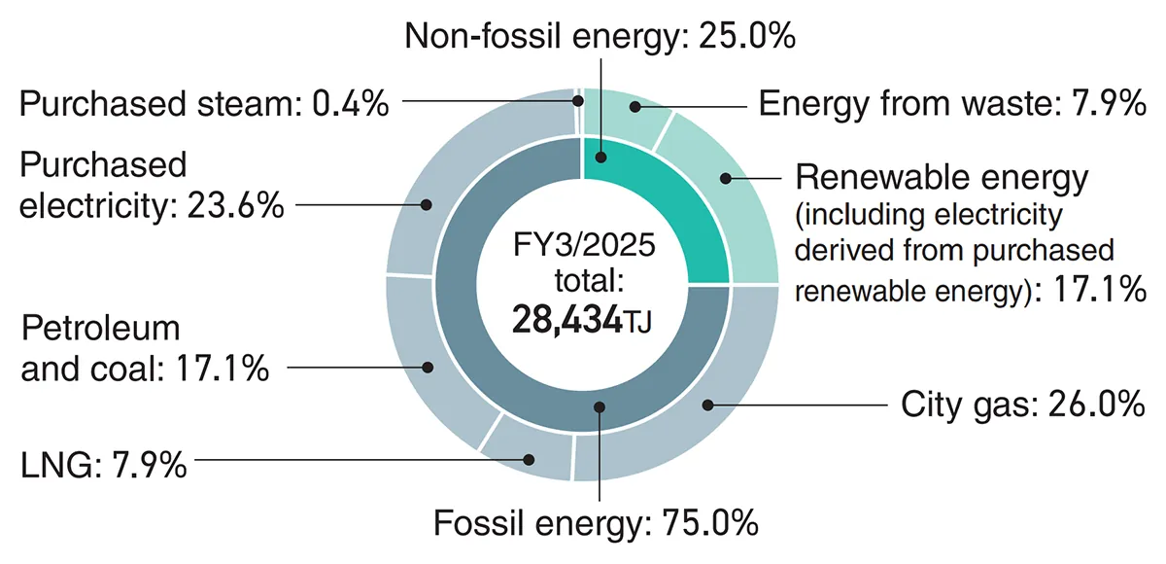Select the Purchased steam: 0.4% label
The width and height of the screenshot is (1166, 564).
tap(204, 103)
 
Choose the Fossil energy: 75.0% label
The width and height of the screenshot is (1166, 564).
tap(596, 522)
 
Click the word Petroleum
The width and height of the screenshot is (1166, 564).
tap(101, 329)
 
